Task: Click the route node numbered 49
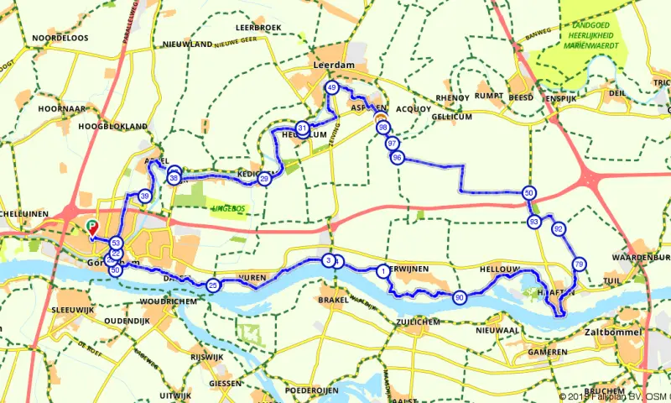[331, 87]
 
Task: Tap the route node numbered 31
[301, 128]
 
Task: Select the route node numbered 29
[264, 178]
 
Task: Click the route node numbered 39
[145, 196]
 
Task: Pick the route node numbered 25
[213, 285]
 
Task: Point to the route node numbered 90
[460, 297]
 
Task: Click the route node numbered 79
[579, 264]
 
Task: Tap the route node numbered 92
[559, 228]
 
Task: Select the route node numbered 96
[398, 158]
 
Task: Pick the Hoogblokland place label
[112, 127]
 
